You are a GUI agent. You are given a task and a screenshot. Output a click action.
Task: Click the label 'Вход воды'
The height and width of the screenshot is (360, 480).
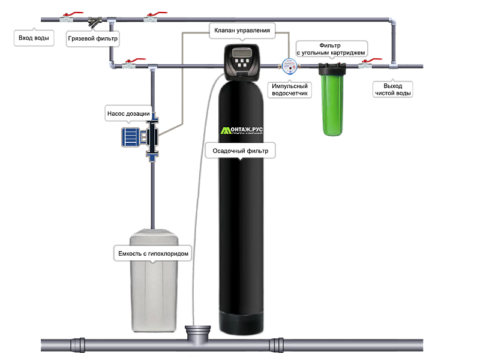[33, 38]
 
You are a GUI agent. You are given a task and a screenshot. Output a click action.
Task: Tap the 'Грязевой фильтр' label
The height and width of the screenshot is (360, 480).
[93, 38]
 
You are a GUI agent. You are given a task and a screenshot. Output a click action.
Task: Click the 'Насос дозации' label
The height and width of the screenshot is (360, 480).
[128, 112]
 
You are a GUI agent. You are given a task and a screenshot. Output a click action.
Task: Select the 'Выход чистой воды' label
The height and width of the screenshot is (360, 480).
[393, 89]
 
